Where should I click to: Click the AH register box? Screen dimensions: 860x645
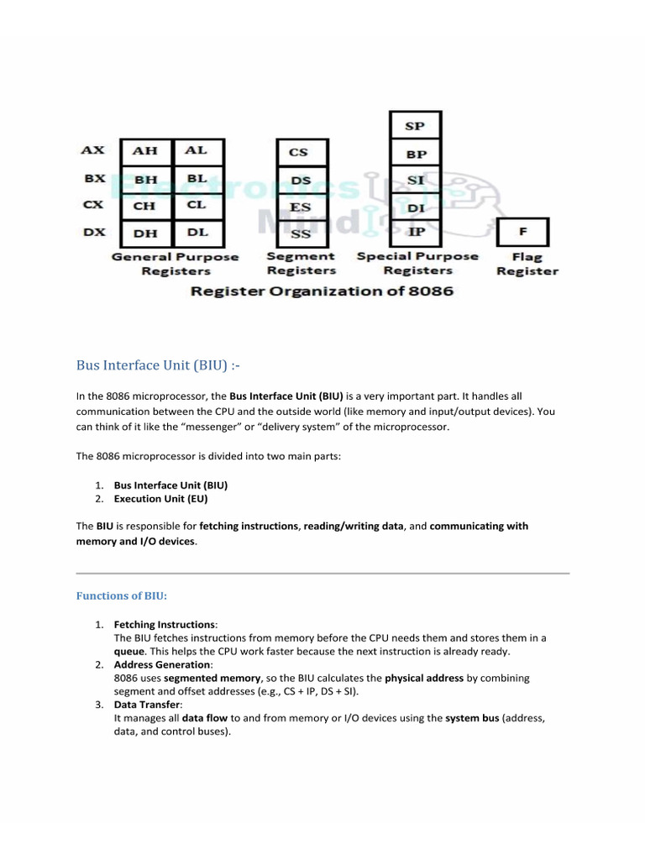[x=145, y=151]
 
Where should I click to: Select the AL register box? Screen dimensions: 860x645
[x=197, y=151]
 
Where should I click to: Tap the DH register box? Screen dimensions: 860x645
[x=145, y=233]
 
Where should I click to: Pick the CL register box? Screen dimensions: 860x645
[x=197, y=206]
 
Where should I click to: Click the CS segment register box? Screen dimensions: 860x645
[x=300, y=152]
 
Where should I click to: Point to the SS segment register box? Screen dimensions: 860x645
[x=300, y=233]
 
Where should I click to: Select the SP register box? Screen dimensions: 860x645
[x=415, y=126]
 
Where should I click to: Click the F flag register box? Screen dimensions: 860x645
[x=522, y=232]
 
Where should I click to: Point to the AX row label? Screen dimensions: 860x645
[x=92, y=150]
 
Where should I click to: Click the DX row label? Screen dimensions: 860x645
[x=92, y=232]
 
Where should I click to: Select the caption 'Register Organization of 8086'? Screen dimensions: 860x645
[x=322, y=291]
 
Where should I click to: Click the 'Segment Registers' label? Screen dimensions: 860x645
[x=301, y=264]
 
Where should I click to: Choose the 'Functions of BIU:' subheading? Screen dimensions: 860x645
[x=122, y=595]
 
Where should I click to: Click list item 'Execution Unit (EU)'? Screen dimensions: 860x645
[x=160, y=499]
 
